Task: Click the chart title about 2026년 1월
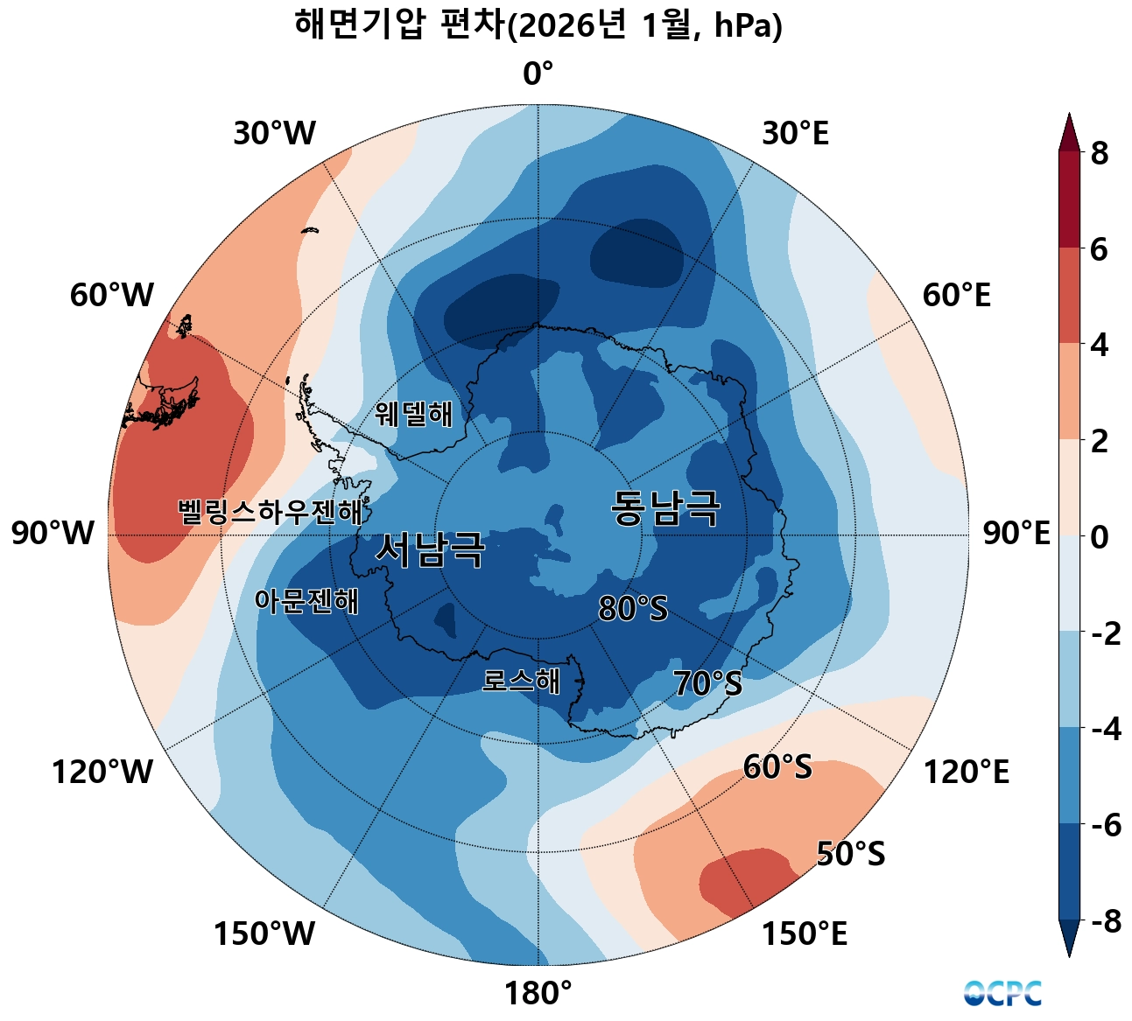538,26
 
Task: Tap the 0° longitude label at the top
538,75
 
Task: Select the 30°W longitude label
274,135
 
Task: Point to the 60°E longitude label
956,296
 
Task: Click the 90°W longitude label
53,534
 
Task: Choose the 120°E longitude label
967,773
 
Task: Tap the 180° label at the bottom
538,994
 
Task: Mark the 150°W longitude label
264,934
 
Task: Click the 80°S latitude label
633,609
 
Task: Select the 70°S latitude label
707,684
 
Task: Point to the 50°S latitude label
850,854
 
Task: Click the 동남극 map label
665,508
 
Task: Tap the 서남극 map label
430,549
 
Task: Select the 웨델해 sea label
414,414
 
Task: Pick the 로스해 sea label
521,681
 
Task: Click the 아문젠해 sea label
306,601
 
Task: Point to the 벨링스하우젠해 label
270,512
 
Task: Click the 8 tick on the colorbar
1099,154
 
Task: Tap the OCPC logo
1002,994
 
